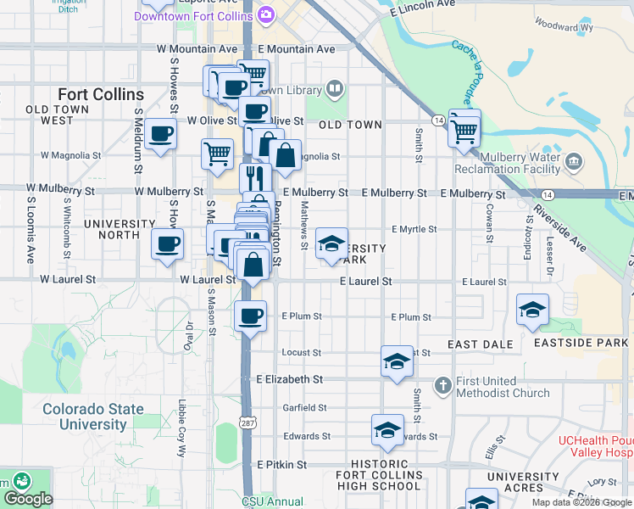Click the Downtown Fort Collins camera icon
pos(266,15)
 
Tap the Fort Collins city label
pos(100,93)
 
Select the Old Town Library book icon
pos(335,89)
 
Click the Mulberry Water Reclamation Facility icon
pos(574,161)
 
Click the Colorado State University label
pos(93,417)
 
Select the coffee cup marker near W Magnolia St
pos(160,134)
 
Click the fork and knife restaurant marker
pos(254,177)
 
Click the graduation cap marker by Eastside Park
pos(531,310)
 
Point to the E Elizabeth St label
pos(289,379)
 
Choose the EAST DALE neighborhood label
pos(481,344)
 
